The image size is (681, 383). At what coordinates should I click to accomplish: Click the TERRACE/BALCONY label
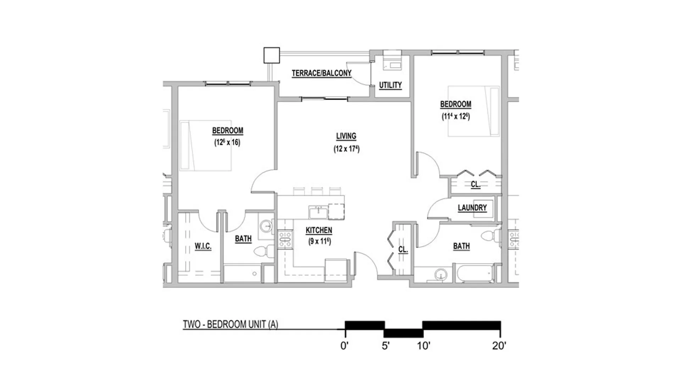(x=321, y=73)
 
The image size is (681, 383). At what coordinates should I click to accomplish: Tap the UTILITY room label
(x=390, y=85)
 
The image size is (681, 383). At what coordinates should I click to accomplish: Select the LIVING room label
(x=346, y=136)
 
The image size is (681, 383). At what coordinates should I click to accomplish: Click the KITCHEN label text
(x=319, y=231)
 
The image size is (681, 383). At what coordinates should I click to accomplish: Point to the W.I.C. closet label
(x=203, y=246)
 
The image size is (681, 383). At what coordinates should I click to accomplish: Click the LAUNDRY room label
(x=472, y=208)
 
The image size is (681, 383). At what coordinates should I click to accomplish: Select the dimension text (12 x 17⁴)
(x=347, y=149)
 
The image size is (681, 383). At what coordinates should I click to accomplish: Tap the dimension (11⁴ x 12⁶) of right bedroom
(x=456, y=116)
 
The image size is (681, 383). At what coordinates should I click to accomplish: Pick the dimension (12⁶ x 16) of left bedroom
(x=227, y=143)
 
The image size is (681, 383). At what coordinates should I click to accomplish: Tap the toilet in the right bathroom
(x=491, y=236)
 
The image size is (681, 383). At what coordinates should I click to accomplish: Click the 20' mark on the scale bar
(x=499, y=345)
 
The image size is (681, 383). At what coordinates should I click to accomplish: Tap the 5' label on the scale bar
(x=386, y=345)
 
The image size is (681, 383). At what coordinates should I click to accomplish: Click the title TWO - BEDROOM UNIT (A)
(x=230, y=324)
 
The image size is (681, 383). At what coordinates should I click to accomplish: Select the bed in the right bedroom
(x=474, y=111)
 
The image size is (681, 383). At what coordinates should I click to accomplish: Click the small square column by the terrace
(x=272, y=55)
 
